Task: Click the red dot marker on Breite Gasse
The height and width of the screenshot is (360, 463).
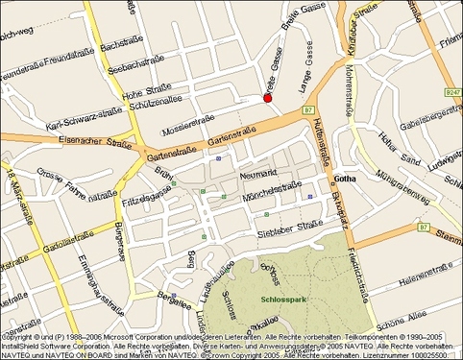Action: [x=268, y=98]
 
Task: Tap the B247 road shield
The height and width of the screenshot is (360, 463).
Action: [x=452, y=92]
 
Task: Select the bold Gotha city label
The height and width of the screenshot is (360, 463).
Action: [x=347, y=180]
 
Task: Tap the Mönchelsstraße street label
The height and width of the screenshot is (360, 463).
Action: [x=273, y=196]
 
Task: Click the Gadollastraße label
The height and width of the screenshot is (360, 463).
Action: [x=68, y=250]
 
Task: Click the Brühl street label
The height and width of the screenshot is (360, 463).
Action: [x=163, y=175]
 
